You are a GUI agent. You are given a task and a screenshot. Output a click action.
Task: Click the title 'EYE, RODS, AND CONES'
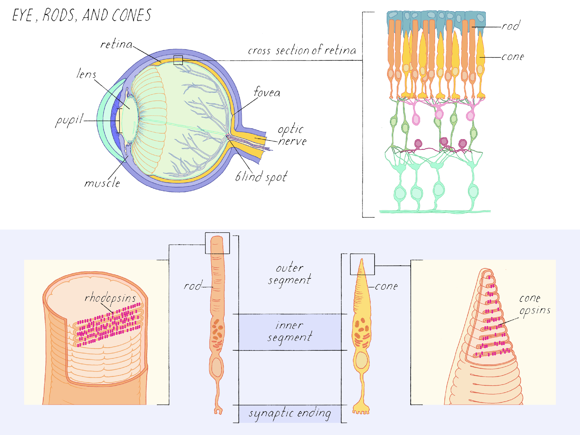click(x=82, y=15)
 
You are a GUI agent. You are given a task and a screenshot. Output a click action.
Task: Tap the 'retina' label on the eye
click(x=116, y=44)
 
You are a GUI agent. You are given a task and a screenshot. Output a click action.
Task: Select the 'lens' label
click(x=86, y=74)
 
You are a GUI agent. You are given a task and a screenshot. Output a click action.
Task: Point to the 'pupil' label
click(x=69, y=120)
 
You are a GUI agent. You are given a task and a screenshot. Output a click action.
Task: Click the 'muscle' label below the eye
click(x=102, y=183)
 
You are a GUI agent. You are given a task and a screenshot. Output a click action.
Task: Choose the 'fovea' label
click(x=267, y=93)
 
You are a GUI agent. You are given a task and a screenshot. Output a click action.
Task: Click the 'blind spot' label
click(x=261, y=177)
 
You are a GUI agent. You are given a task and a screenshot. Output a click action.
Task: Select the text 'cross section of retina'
click(x=302, y=50)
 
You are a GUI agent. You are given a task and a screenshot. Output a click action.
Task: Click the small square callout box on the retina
click(x=178, y=60)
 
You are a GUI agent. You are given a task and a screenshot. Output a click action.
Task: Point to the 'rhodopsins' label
click(x=110, y=298)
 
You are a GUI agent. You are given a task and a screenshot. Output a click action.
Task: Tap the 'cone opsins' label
click(x=534, y=304)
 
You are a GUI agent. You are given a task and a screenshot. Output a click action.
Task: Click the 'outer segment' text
click(x=289, y=273)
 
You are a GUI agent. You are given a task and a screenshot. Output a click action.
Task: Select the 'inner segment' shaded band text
click(x=289, y=331)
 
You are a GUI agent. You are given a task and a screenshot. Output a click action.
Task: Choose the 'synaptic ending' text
click(x=289, y=413)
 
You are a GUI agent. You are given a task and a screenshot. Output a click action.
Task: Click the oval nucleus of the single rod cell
click(x=217, y=367)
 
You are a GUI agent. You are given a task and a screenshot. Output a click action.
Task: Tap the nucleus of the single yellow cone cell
click(x=361, y=360)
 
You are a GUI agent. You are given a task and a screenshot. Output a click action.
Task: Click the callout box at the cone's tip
click(x=362, y=264)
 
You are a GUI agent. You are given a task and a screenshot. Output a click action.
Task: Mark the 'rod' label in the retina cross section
click(x=510, y=26)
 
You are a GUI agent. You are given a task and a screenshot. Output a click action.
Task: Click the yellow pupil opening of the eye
click(x=118, y=121)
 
